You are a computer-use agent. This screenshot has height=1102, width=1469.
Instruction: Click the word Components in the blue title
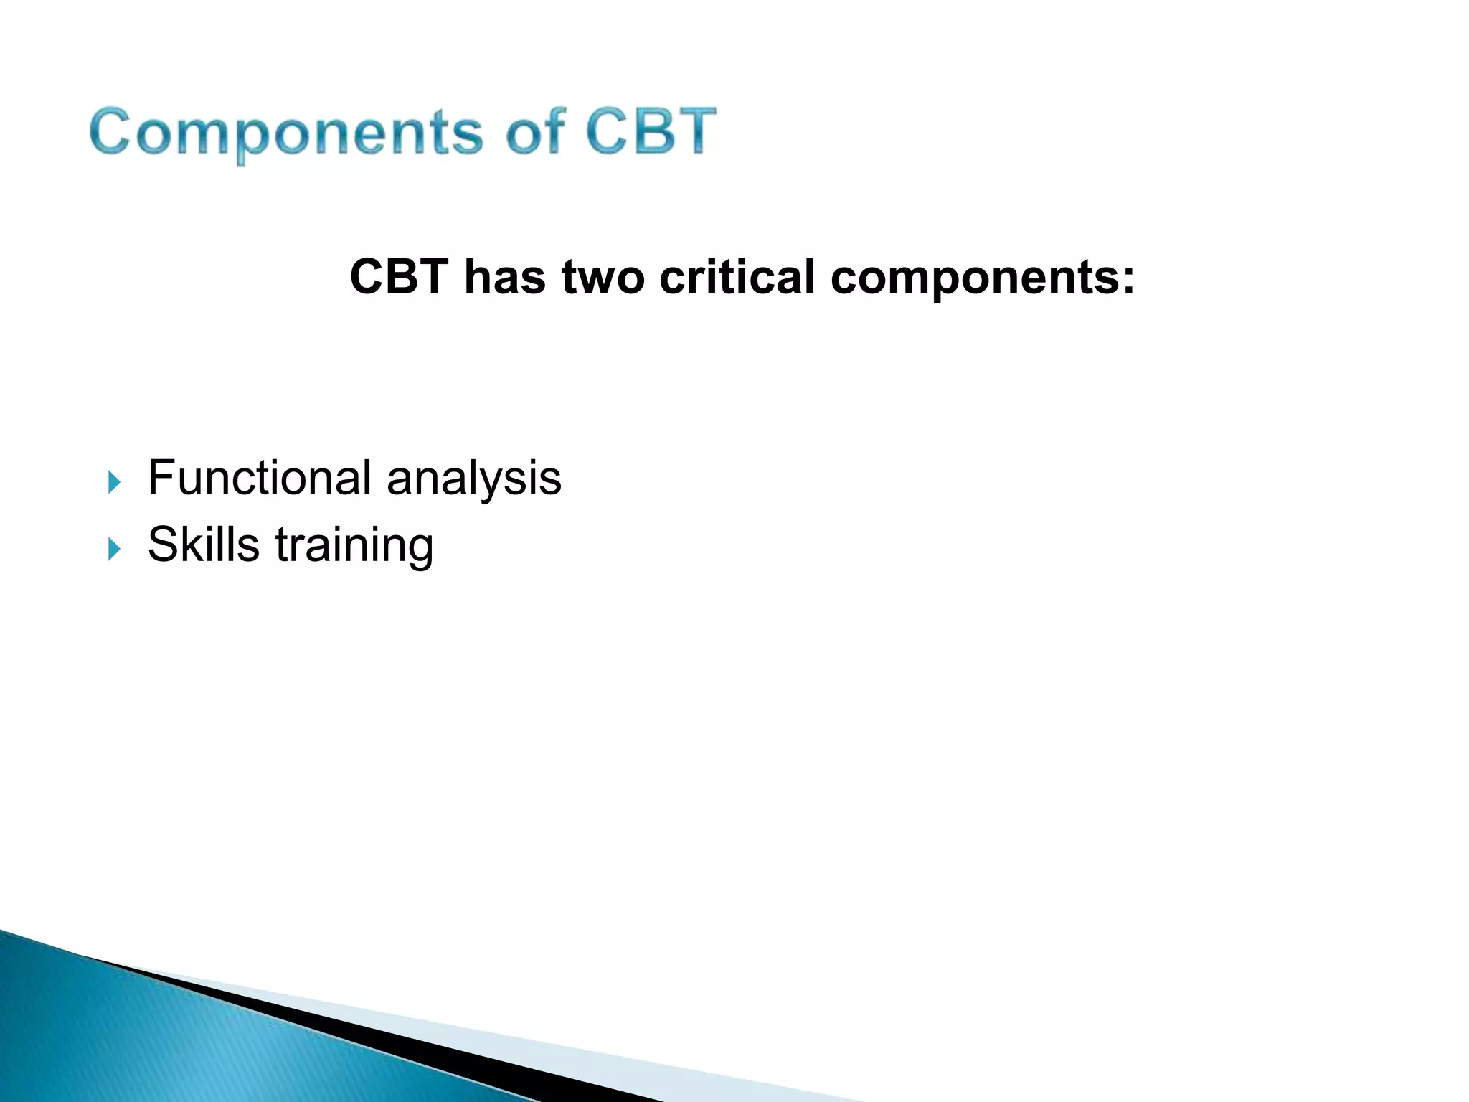click(x=285, y=133)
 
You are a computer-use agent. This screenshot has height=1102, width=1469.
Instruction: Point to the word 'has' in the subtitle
click(x=504, y=277)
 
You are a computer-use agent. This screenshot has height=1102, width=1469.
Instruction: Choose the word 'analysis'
click(x=473, y=479)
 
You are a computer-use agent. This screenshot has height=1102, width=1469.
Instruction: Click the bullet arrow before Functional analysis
click(x=114, y=482)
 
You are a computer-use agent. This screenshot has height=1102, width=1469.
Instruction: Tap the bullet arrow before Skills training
click(x=114, y=549)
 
